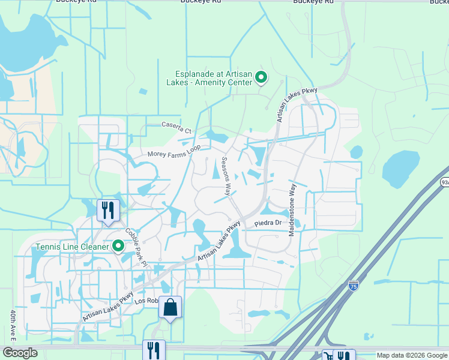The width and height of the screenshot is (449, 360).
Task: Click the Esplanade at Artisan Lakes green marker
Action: tap(261, 77)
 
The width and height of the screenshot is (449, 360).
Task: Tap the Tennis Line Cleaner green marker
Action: tap(118, 246)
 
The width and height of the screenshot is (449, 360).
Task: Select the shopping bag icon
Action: tap(170, 307)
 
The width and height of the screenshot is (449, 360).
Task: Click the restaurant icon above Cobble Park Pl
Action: tap(108, 211)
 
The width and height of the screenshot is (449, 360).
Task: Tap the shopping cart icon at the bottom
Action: tap(328, 356)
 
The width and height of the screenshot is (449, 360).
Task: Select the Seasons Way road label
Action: tap(226, 176)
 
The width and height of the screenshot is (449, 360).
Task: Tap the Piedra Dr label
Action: tap(268, 223)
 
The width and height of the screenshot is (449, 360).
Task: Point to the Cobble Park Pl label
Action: tap(136, 246)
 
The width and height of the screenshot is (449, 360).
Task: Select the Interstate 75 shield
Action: tap(354, 286)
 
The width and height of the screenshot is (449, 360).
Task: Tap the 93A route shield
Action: tap(445, 182)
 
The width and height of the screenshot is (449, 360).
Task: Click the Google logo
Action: tap(19, 353)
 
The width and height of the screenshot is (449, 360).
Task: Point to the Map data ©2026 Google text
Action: tap(411, 355)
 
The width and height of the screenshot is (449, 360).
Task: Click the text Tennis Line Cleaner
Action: tap(71, 246)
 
